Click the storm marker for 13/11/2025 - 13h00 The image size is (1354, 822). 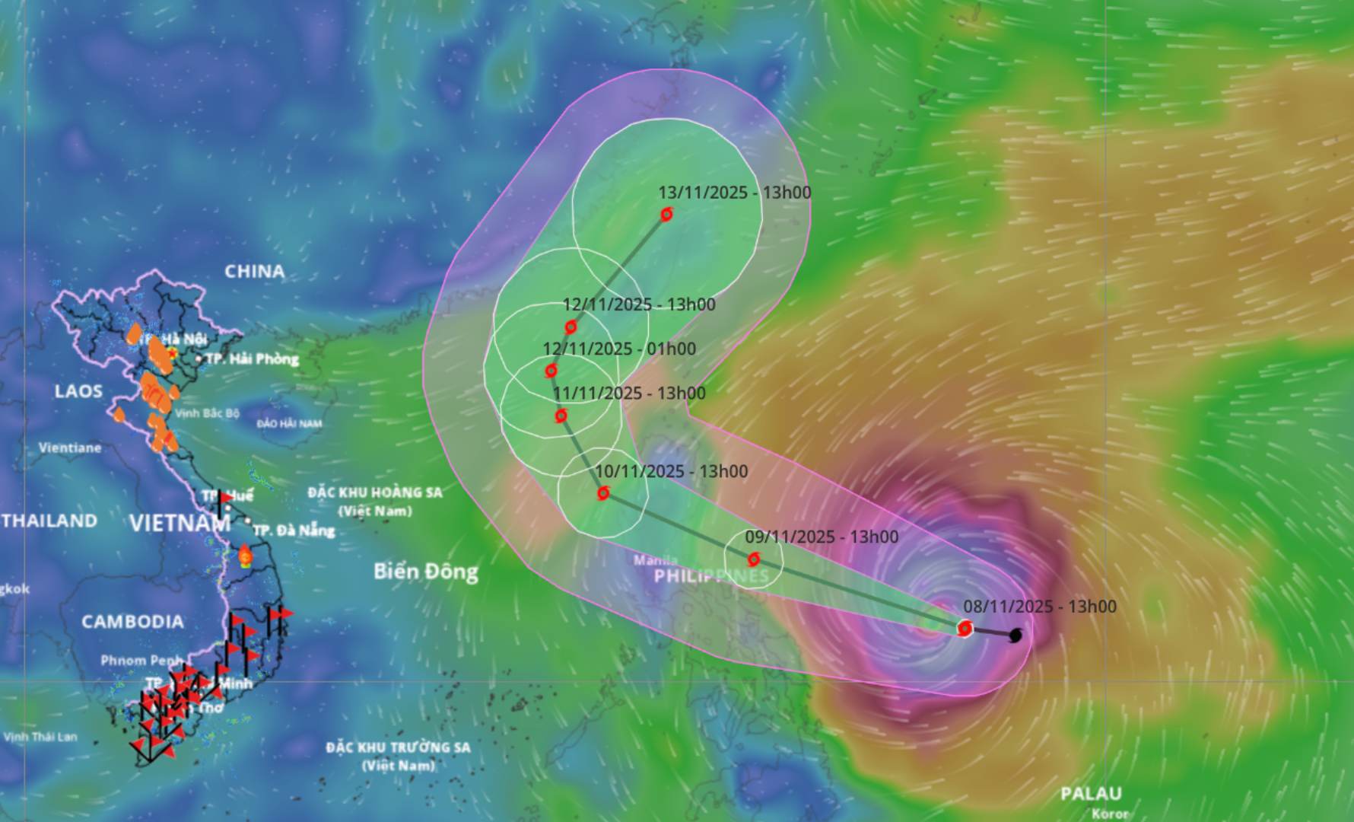coord(666,215)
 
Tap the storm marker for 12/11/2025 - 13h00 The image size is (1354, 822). coord(571,327)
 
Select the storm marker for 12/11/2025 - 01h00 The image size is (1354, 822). coord(551,371)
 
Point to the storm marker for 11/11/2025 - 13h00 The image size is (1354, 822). coord(561,416)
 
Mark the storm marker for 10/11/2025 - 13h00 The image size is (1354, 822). coord(603,493)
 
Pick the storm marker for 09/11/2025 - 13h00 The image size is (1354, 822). coord(754,559)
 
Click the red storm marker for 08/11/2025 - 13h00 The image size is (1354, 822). coord(965,628)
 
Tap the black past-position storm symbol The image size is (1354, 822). coord(1015,635)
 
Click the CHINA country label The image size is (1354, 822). coord(255,271)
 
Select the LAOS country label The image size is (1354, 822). coord(78,391)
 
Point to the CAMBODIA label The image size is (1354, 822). coord(133,622)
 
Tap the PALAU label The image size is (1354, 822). coord(1092,794)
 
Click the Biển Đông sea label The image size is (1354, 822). coord(426,572)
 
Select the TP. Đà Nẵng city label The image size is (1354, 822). coord(294,530)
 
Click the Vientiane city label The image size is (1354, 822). coord(70,448)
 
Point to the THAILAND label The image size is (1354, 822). coord(49,521)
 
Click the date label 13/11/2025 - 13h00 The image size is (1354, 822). coord(735,193)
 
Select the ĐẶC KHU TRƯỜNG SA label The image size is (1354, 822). coord(399,747)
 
